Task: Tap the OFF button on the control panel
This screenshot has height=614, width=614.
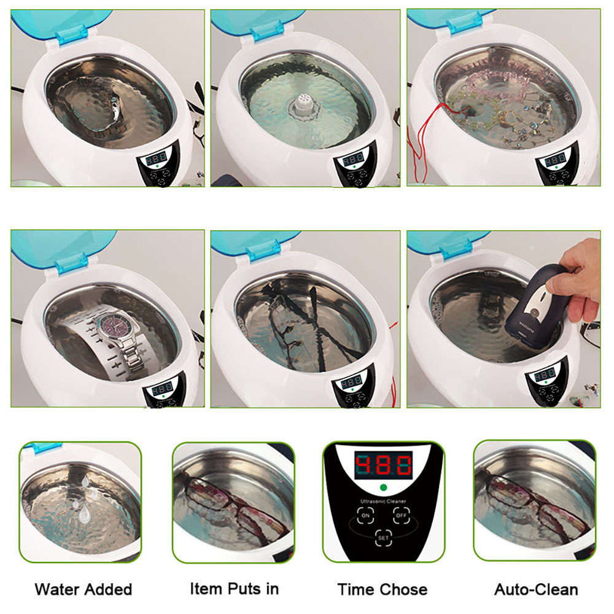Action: pyautogui.click(x=402, y=516)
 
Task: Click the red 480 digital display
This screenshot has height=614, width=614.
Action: pyautogui.click(x=383, y=466)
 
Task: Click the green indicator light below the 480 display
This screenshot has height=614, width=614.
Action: pyautogui.click(x=383, y=489)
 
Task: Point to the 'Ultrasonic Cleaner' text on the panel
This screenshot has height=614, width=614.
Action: pyautogui.click(x=383, y=502)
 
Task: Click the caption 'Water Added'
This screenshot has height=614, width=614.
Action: pyautogui.click(x=83, y=590)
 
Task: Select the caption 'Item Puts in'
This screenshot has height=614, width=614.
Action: pyautogui.click(x=233, y=589)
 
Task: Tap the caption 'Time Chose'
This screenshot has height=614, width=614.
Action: pyautogui.click(x=382, y=590)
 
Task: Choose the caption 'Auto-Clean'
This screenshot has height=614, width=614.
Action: pyautogui.click(x=535, y=590)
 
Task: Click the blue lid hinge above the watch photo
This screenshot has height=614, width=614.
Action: pyautogui.click(x=69, y=266)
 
